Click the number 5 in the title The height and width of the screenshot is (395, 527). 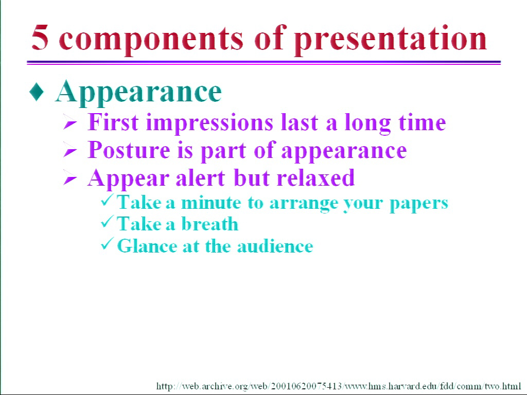click(40, 38)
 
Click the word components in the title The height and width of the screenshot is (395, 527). click(151, 40)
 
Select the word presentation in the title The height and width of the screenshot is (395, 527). click(391, 40)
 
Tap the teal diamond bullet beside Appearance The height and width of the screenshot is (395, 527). click(37, 92)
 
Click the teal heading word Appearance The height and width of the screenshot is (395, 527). click(138, 93)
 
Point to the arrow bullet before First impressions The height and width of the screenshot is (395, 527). click(70, 123)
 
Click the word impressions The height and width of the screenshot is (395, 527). click(209, 123)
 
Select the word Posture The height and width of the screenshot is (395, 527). click(129, 150)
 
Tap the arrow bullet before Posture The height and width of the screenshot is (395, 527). click(70, 152)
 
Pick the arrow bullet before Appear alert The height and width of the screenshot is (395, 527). click(70, 179)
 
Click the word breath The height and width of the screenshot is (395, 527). click(210, 223)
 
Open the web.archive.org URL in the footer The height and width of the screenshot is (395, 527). click(339, 386)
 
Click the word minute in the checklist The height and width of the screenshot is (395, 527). click(211, 203)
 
